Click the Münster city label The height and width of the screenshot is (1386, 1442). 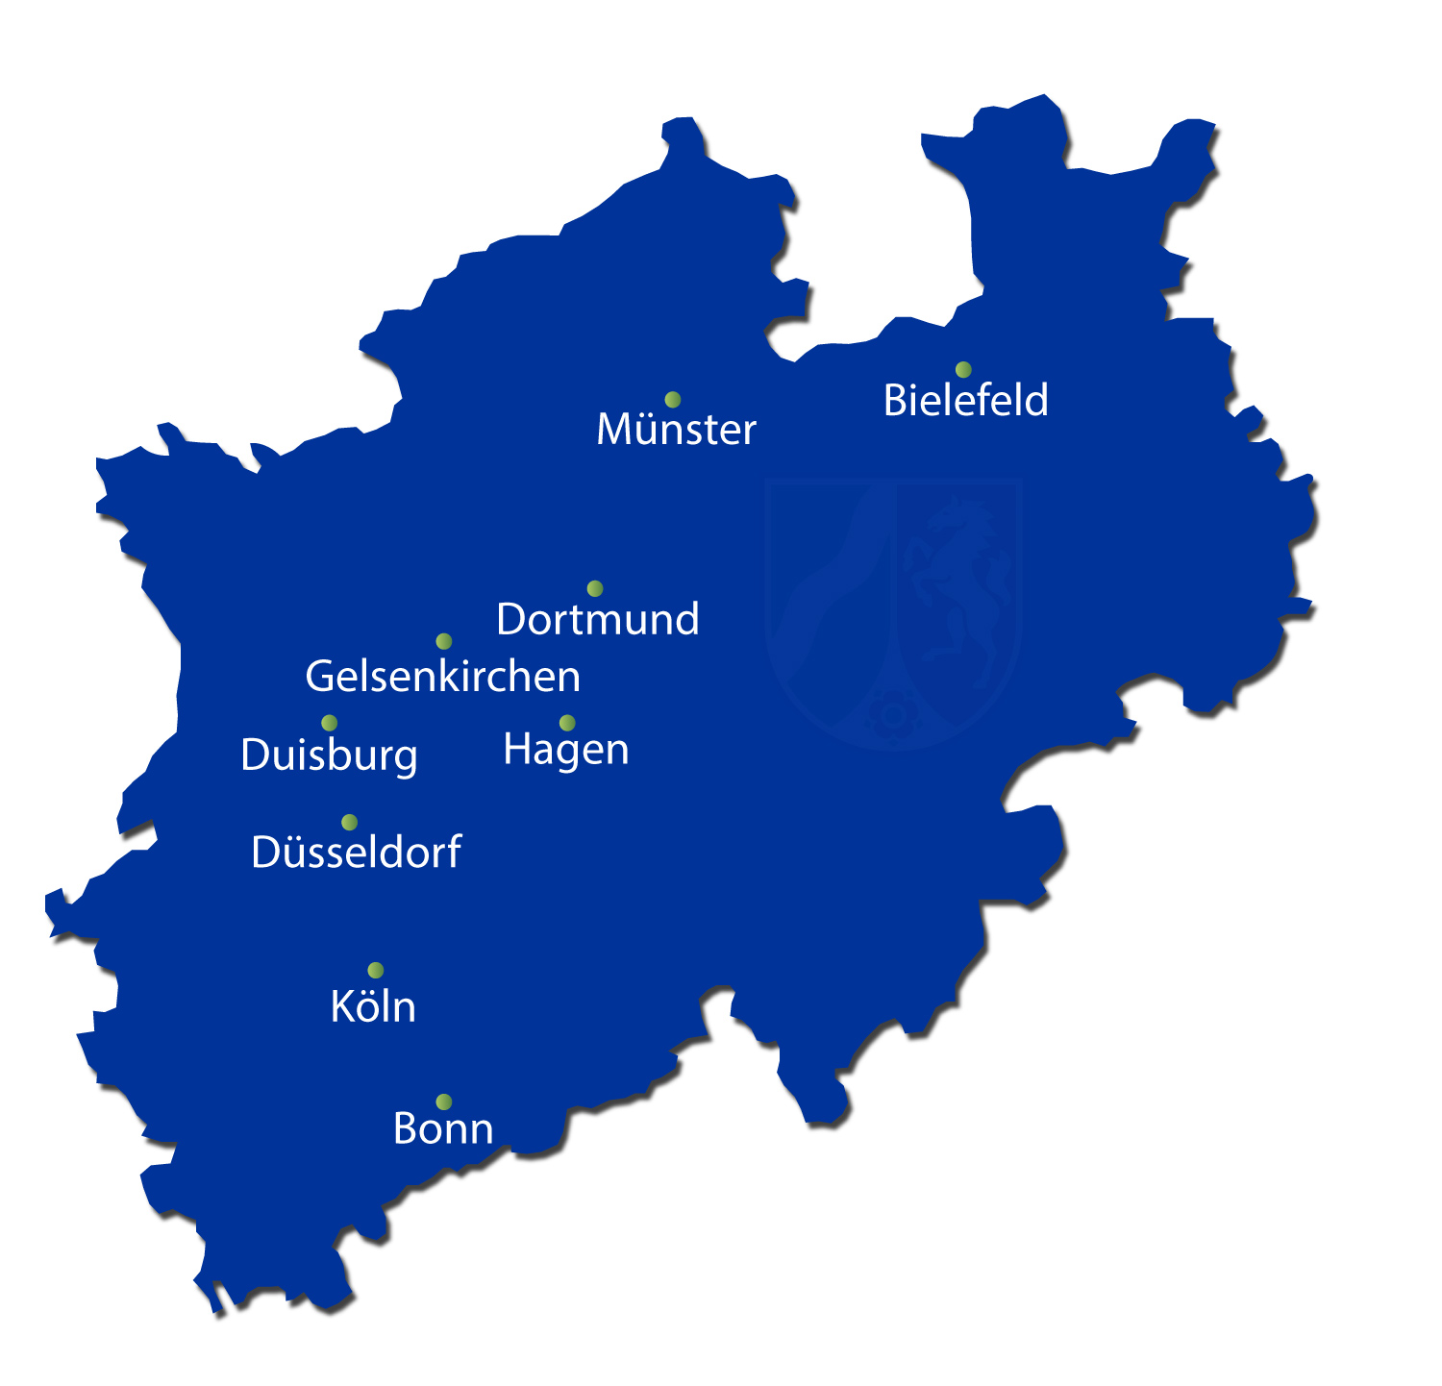(676, 430)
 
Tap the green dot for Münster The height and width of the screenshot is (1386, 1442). (673, 400)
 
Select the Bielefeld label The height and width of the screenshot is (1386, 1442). (965, 401)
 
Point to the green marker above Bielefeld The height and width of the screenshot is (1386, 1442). (963, 370)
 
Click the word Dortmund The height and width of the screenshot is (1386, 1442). (598, 619)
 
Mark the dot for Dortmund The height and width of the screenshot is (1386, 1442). (595, 588)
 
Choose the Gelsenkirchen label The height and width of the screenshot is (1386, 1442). (442, 677)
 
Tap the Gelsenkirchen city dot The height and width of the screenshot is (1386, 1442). (444, 641)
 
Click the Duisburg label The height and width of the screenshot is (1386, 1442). (329, 755)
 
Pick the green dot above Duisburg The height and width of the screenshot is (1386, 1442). (330, 723)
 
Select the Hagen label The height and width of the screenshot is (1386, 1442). (565, 750)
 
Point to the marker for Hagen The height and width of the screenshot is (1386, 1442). (567, 723)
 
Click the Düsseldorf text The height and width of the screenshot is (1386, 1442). (356, 853)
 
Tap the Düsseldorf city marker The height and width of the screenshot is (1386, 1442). (350, 823)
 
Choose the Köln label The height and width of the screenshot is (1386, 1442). (373, 1007)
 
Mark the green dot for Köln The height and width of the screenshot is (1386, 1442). (376, 971)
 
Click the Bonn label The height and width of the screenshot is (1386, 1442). (443, 1128)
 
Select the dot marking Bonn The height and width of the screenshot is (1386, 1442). (444, 1102)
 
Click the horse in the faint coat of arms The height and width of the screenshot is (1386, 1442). (957, 586)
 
